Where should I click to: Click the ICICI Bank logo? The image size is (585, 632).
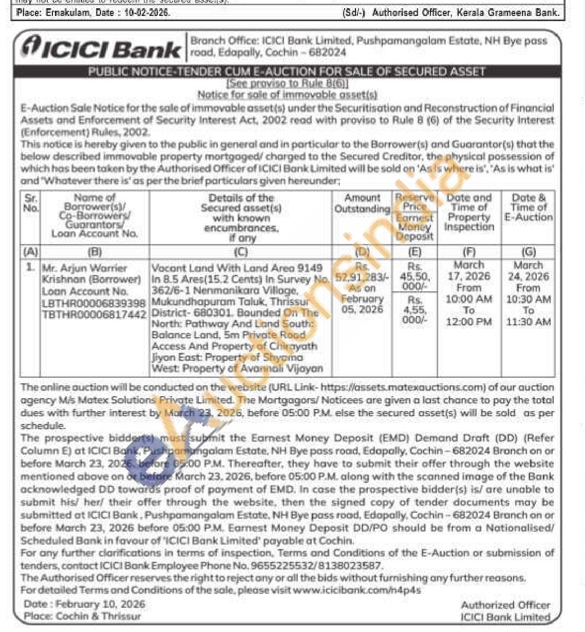(101, 48)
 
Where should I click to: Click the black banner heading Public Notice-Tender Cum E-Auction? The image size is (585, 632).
(287, 71)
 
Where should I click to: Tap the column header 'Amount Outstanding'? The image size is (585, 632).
(362, 203)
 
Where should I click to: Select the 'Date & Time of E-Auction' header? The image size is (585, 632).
(529, 207)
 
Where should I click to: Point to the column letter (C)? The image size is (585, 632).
(240, 252)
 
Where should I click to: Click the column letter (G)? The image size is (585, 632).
(529, 252)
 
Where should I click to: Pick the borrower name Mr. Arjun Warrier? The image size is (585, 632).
(84, 268)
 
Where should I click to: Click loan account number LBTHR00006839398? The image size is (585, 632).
(94, 303)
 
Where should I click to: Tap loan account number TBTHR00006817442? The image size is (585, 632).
(94, 314)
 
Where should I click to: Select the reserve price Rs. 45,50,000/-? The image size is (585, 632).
(414, 276)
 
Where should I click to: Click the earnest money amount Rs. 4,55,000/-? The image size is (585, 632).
(414, 310)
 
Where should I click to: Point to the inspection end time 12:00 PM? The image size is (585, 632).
(468, 322)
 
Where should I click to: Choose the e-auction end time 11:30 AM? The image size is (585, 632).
(528, 322)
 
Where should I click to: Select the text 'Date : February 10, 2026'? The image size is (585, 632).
(84, 604)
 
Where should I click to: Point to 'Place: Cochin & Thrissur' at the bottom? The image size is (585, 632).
(82, 616)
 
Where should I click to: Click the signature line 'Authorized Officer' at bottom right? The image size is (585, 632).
(505, 605)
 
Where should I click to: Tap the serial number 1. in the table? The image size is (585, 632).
(31, 267)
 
